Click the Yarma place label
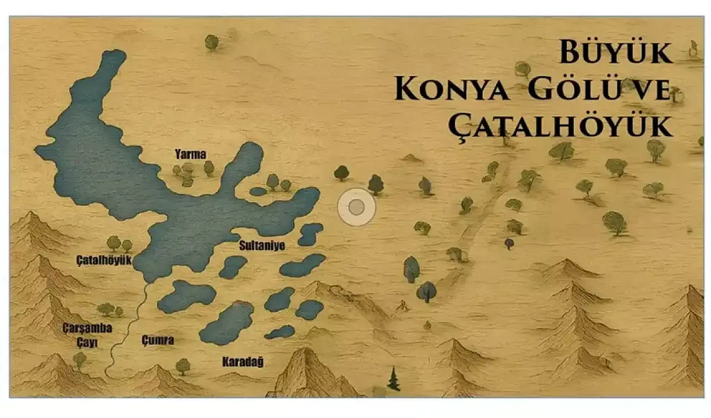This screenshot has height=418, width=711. pyautogui.click(x=191, y=154)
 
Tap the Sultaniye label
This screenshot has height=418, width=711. pyautogui.click(x=262, y=245)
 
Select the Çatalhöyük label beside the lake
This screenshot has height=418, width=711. pyautogui.click(x=104, y=260)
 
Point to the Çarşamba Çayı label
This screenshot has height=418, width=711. pyautogui.click(x=87, y=335)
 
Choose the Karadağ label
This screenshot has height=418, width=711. pyautogui.click(x=243, y=362)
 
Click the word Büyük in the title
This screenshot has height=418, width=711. pyautogui.click(x=615, y=52)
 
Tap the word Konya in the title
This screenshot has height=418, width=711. pyautogui.click(x=452, y=89)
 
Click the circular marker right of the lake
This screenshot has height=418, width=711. pyautogui.click(x=357, y=207)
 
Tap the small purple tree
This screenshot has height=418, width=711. pyautogui.click(x=509, y=243)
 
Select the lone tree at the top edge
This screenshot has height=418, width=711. pyautogui.click(x=212, y=42)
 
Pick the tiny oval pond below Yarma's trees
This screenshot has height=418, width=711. pyautogui.click(x=258, y=191)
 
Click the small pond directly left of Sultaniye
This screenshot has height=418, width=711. pyautogui.click(x=233, y=267)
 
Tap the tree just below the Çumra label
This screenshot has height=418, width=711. pyautogui.click(x=183, y=366)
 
